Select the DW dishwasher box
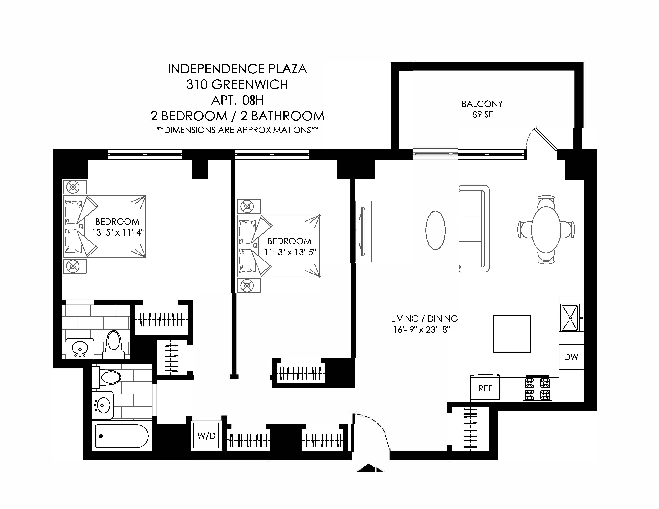(571, 357)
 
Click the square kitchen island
(512, 334)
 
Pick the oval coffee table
(435, 230)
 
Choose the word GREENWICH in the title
(250, 85)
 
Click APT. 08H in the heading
(237, 100)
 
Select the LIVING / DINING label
(424, 318)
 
